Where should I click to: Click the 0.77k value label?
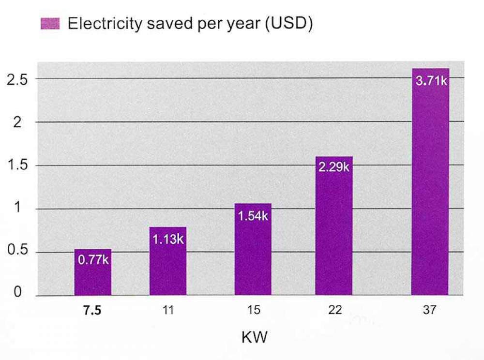point(93,260)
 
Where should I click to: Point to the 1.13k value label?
point(168,239)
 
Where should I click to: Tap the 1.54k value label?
point(253,215)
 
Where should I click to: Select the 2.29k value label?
point(334,168)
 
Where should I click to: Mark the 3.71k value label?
point(431,80)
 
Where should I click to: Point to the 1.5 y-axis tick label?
point(17,165)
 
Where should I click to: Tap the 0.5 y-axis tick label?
point(17,252)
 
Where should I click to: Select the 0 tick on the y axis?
point(17,293)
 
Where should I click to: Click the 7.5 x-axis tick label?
point(92,311)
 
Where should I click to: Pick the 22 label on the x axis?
point(334,311)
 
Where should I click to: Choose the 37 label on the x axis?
point(430,311)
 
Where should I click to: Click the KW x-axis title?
point(254,337)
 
